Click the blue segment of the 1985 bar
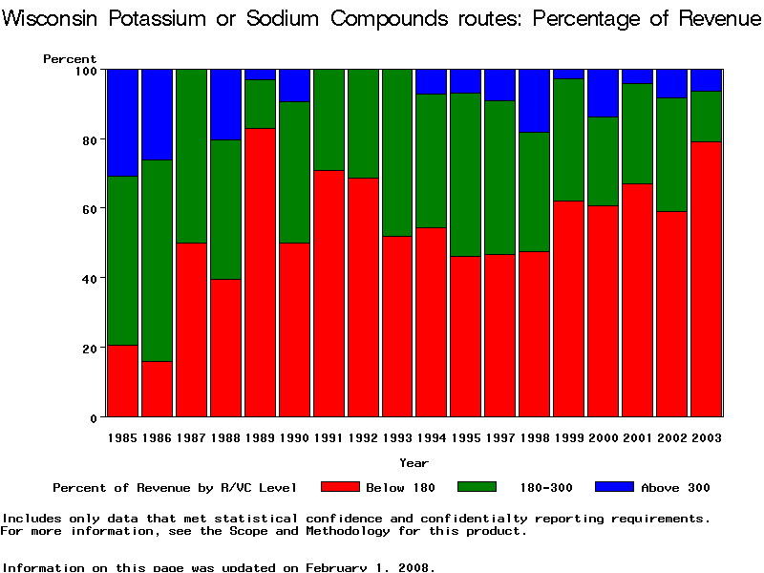(122, 122)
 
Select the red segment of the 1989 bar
(260, 272)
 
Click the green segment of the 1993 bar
(396, 153)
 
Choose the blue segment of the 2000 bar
(603, 93)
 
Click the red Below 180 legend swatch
(340, 487)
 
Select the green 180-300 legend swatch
(477, 487)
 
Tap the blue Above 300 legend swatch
(614, 487)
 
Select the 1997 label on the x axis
(500, 437)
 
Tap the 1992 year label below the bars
(363, 437)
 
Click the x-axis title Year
(414, 463)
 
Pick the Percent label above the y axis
(70, 59)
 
